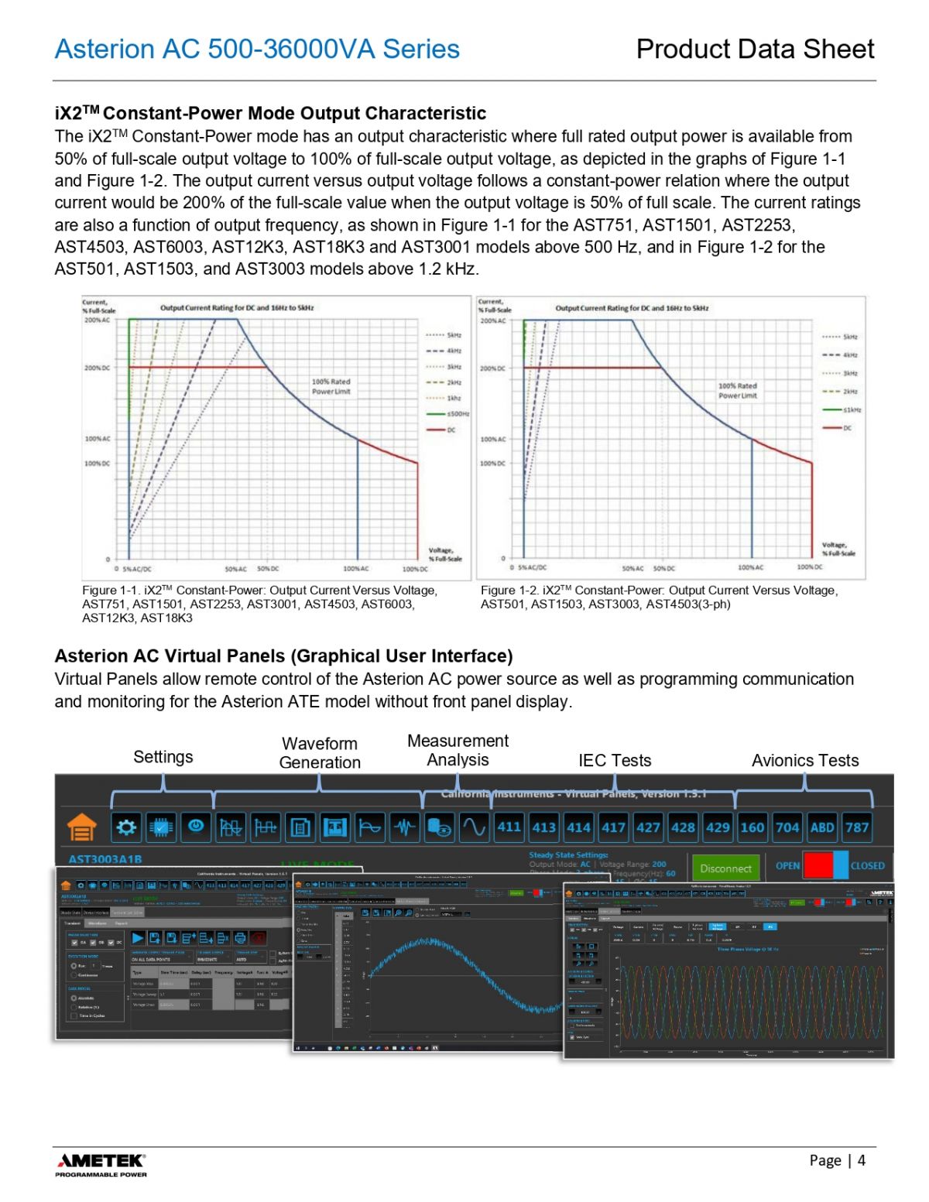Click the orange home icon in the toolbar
click(x=81, y=827)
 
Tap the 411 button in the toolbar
click(x=509, y=827)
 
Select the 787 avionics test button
click(x=856, y=827)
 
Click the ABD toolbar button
click(x=821, y=827)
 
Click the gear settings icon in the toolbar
click(x=126, y=827)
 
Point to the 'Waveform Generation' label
click(x=320, y=752)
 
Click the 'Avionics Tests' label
click(x=805, y=760)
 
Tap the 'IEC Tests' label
click(x=615, y=760)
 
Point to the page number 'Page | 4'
click(x=837, y=1159)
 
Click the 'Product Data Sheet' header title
click(x=755, y=49)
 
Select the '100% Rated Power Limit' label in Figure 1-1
click(x=331, y=386)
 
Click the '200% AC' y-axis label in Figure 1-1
click(x=98, y=320)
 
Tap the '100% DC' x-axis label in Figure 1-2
click(x=810, y=567)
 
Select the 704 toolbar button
click(x=787, y=827)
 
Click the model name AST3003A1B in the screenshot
click(x=105, y=859)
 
